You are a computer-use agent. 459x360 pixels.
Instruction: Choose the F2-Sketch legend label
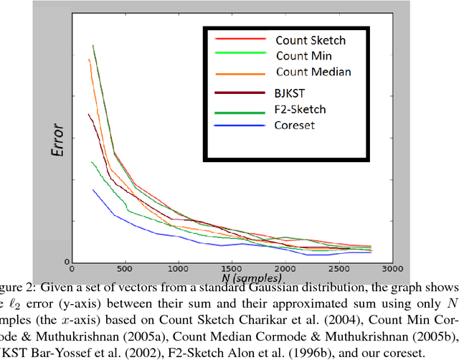(301, 109)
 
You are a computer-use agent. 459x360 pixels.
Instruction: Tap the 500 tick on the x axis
(125, 270)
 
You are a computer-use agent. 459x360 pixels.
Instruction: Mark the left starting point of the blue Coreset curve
(93, 189)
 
